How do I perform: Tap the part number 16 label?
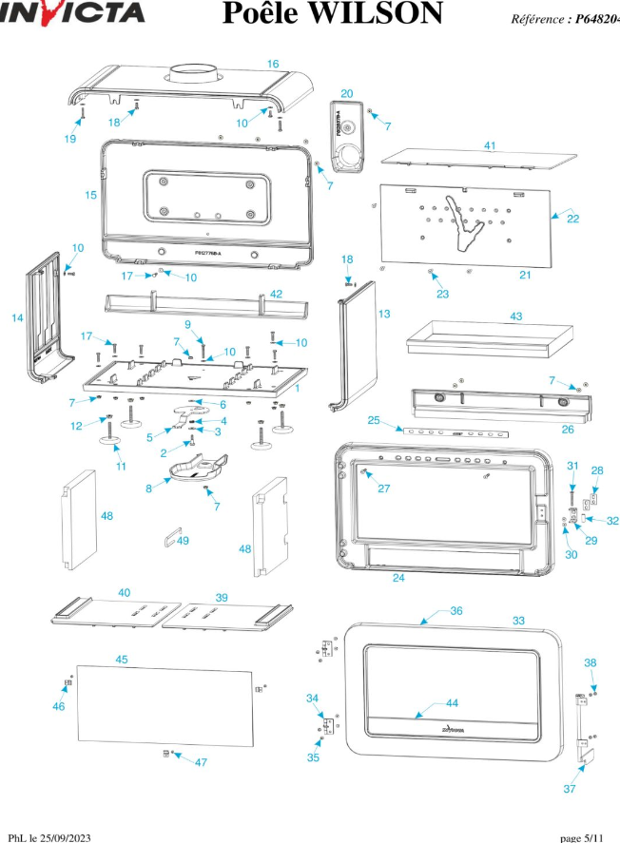pos(273,64)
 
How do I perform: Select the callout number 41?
pos(490,145)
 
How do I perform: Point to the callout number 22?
pos(572,218)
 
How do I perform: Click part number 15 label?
pos(90,195)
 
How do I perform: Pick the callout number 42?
pos(276,294)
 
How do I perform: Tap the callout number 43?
pos(516,316)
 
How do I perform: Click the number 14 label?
pos(17,318)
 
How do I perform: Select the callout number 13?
pos(384,313)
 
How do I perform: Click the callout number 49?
pos(183,541)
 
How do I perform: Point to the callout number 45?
pos(122,659)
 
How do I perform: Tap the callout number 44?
pos(452,702)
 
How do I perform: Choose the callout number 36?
pos(456,611)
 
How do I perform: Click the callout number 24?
pos(398,577)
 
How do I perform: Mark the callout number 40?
pos(125,592)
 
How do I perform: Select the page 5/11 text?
pos(581,836)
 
